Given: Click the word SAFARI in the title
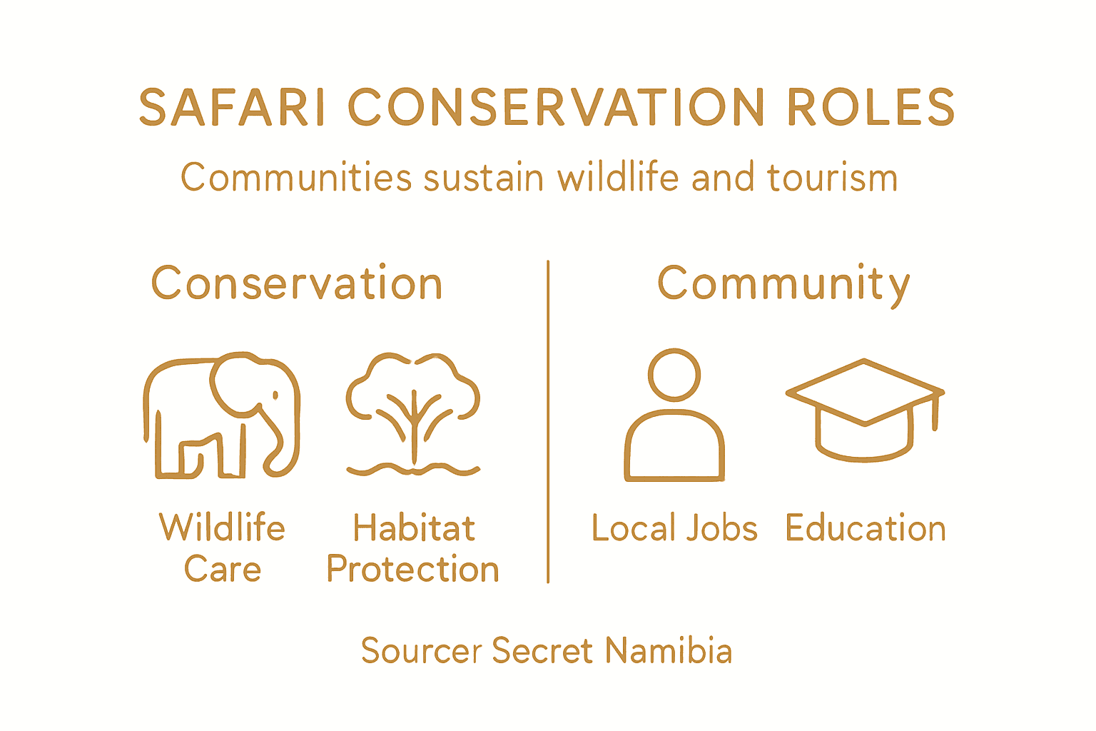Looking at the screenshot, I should (x=232, y=107).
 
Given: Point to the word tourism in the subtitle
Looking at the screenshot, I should (x=832, y=177).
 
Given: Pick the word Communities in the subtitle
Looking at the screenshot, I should (x=296, y=177).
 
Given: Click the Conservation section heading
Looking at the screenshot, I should (x=297, y=283).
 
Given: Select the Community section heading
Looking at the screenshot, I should (x=783, y=284).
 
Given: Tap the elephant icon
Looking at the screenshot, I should (x=222, y=415).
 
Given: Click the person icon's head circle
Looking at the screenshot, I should (x=674, y=375).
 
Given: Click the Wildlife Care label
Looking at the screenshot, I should (x=222, y=548).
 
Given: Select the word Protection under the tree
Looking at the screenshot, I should (x=412, y=569).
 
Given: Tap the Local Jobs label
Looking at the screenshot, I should (x=674, y=528).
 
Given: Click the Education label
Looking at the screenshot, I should (x=866, y=528).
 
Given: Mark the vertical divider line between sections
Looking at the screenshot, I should (x=548, y=421).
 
